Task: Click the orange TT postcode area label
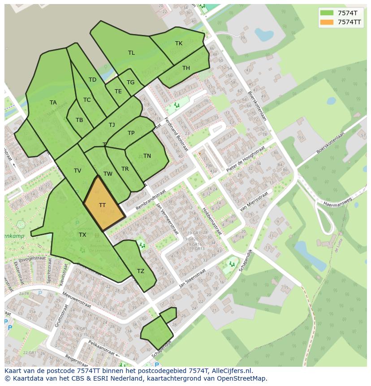point(102,205)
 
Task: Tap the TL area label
point(131,53)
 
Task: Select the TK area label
point(179,43)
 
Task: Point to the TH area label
point(186,68)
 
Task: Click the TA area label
point(53,103)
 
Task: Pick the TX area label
point(82,235)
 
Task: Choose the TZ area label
point(141,271)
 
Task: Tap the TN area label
point(147,156)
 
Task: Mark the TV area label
point(78,171)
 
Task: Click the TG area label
point(130,82)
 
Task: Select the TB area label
point(79,120)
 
